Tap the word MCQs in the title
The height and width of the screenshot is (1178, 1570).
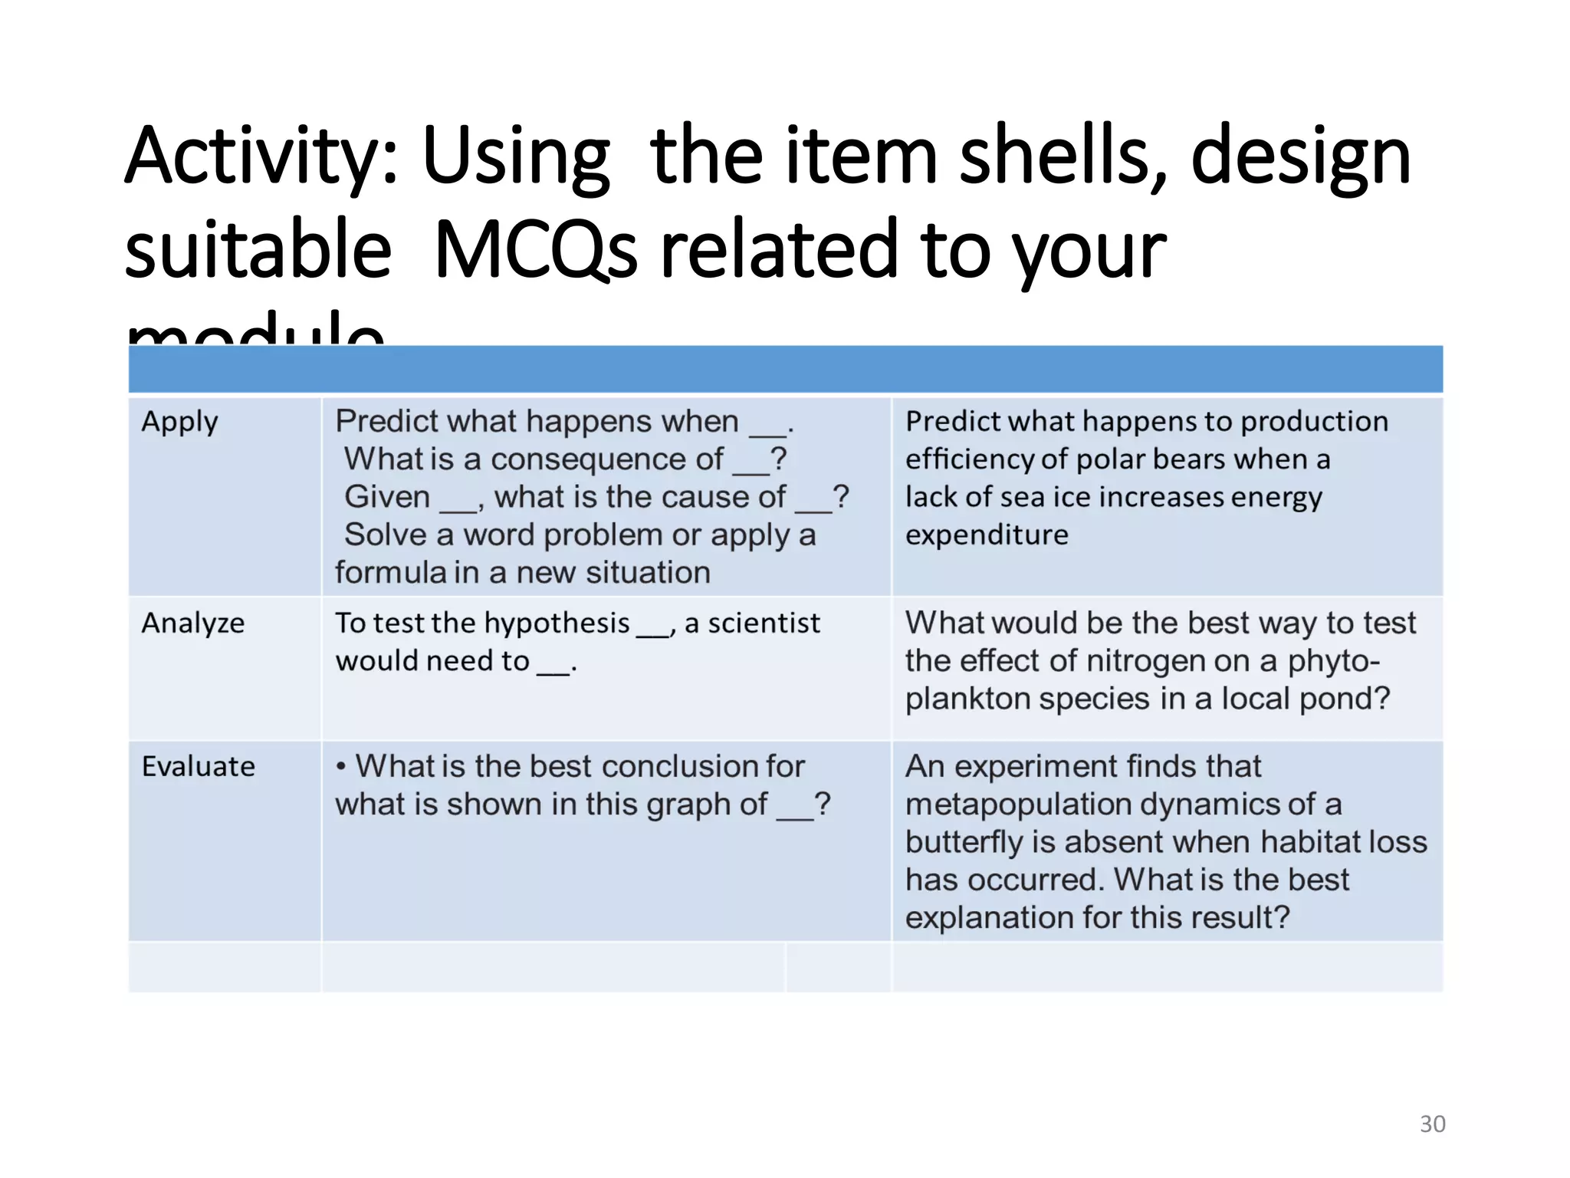535,251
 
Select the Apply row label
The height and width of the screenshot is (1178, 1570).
180,423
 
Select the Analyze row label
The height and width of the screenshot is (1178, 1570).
193,623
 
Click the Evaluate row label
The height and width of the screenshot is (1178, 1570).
199,766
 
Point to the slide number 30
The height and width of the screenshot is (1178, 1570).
1432,1124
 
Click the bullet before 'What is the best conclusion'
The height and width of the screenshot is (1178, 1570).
341,766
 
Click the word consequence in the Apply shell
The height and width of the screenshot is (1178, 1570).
606,459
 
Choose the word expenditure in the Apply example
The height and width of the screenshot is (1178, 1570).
987,535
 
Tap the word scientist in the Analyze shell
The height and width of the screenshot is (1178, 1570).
764,624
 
